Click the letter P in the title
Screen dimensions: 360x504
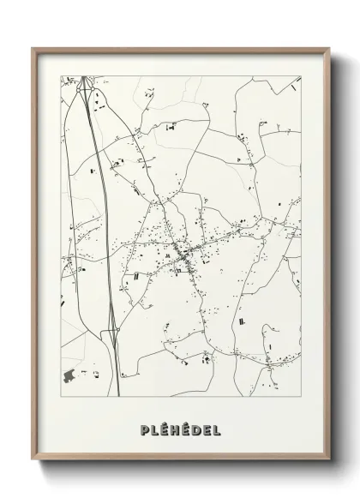click(143, 429)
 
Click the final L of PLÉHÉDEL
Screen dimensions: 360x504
click(216, 429)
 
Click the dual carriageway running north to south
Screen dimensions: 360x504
click(99, 214)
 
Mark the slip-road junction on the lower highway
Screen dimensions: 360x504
click(112, 330)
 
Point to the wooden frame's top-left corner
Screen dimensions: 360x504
click(33, 49)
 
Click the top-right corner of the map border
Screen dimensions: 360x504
click(301, 75)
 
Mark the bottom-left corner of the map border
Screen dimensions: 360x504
click(60, 397)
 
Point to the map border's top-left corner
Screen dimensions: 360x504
click(60, 75)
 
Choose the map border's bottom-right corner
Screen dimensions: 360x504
click(301, 397)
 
